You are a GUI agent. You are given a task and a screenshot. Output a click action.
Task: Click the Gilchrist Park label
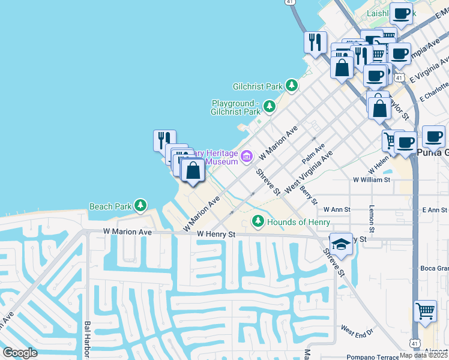258,86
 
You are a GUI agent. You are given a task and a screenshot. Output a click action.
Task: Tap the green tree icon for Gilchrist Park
292,86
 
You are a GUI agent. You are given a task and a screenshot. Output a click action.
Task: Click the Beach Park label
110,206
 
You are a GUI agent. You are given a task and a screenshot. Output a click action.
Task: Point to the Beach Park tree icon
140,206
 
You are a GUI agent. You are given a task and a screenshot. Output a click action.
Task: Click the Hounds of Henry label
298,222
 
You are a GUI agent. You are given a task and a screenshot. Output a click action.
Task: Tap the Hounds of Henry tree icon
258,222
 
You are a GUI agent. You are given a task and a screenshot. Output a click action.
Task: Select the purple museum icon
246,157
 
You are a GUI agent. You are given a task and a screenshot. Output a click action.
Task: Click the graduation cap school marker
341,244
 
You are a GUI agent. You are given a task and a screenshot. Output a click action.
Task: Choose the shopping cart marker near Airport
425,311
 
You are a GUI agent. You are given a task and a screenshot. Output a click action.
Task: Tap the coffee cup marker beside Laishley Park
401,13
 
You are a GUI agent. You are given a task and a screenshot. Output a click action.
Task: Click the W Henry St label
214,233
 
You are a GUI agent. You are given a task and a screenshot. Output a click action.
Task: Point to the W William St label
372,179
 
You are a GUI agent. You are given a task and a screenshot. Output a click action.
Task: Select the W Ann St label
337,209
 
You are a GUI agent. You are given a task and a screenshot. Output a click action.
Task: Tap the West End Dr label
357,330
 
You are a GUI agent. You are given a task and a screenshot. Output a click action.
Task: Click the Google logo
20,353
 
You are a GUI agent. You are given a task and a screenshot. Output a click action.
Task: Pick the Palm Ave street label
313,154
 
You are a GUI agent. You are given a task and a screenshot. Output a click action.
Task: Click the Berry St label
308,195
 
